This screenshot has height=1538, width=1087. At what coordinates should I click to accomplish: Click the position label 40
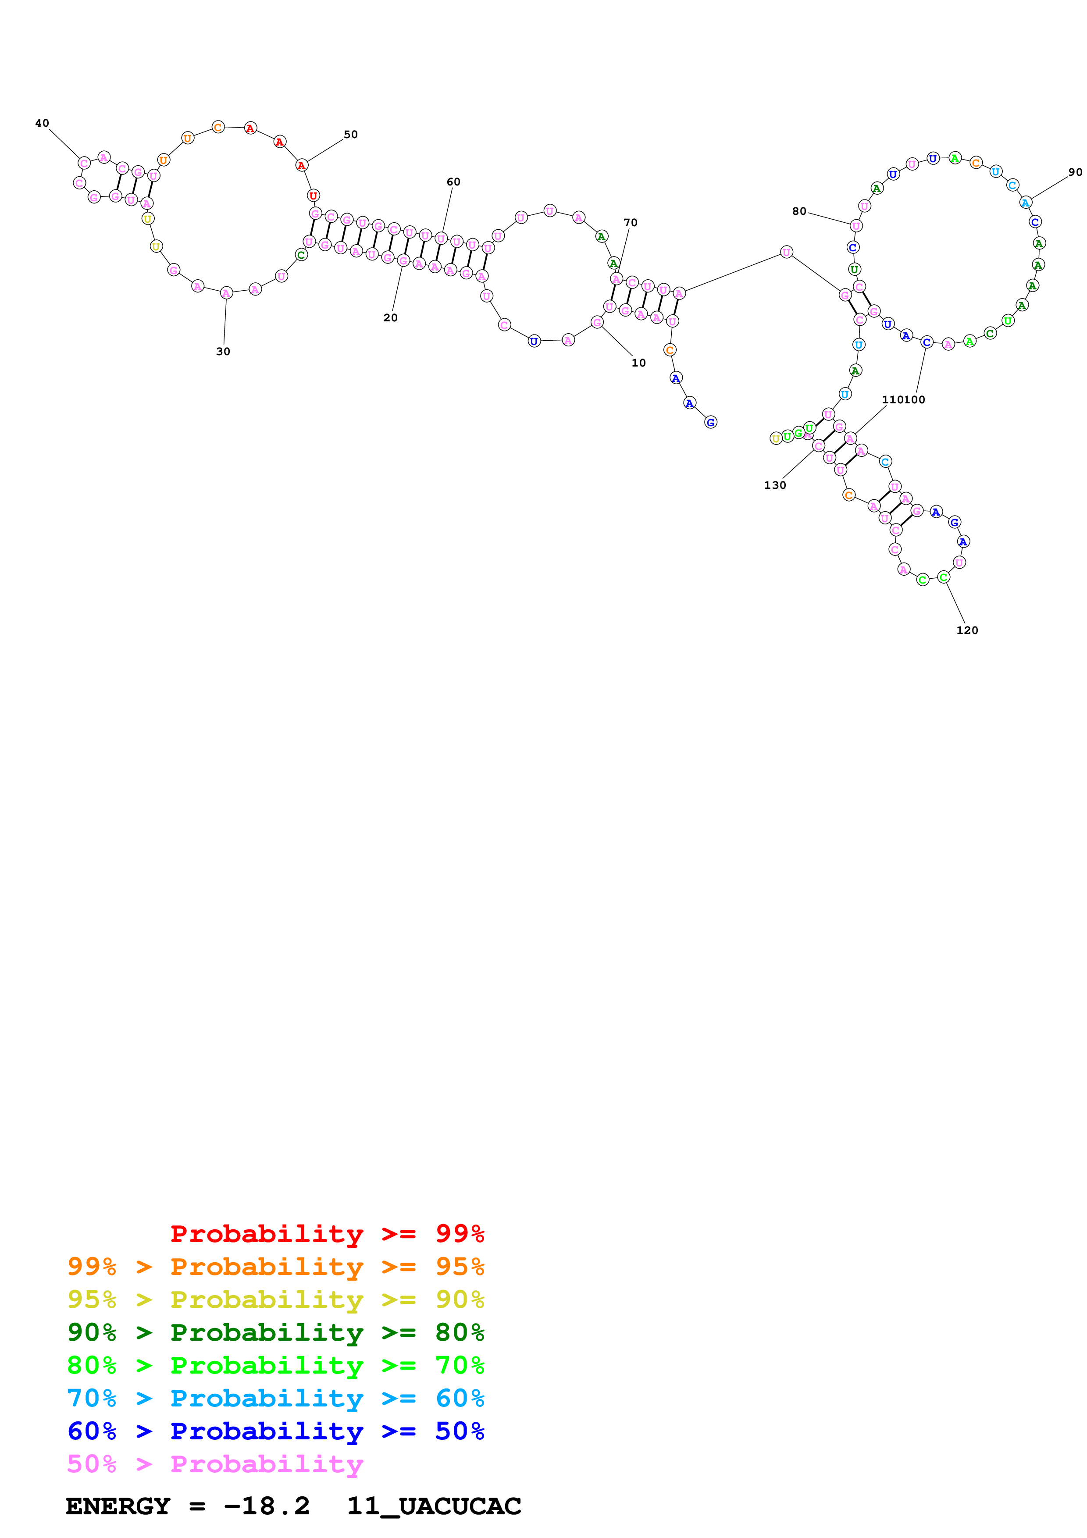[x=42, y=123]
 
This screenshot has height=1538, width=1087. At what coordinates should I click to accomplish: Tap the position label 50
[x=350, y=135]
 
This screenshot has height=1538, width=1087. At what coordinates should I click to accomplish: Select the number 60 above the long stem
[x=453, y=182]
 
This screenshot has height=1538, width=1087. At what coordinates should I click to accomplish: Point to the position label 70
[x=630, y=223]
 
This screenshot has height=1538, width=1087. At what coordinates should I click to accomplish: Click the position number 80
[x=799, y=212]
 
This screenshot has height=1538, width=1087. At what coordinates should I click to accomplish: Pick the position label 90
[x=1075, y=172]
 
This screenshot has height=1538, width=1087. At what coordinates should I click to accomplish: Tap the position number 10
[x=638, y=363]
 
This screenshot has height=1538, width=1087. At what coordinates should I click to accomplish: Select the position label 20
[x=390, y=318]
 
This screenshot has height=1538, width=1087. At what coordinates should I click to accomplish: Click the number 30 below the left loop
[x=223, y=352]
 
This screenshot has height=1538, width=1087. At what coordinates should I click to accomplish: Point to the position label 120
[x=967, y=630]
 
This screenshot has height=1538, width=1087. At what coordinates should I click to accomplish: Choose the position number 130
[x=775, y=486]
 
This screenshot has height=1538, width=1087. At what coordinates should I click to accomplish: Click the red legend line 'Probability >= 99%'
[x=328, y=1234]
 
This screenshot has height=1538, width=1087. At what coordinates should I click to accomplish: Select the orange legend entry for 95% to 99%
[x=276, y=1267]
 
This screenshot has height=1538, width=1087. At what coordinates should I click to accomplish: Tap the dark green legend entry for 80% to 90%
[x=276, y=1332]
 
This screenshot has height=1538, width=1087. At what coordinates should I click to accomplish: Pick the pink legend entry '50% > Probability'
[x=215, y=1463]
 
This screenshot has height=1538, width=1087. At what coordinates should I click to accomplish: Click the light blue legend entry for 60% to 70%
[x=276, y=1398]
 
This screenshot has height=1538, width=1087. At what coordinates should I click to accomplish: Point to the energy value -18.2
[x=267, y=1506]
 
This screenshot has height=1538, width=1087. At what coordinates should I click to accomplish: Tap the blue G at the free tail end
[x=711, y=422]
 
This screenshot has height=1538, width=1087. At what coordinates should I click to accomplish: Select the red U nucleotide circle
[x=313, y=196]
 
